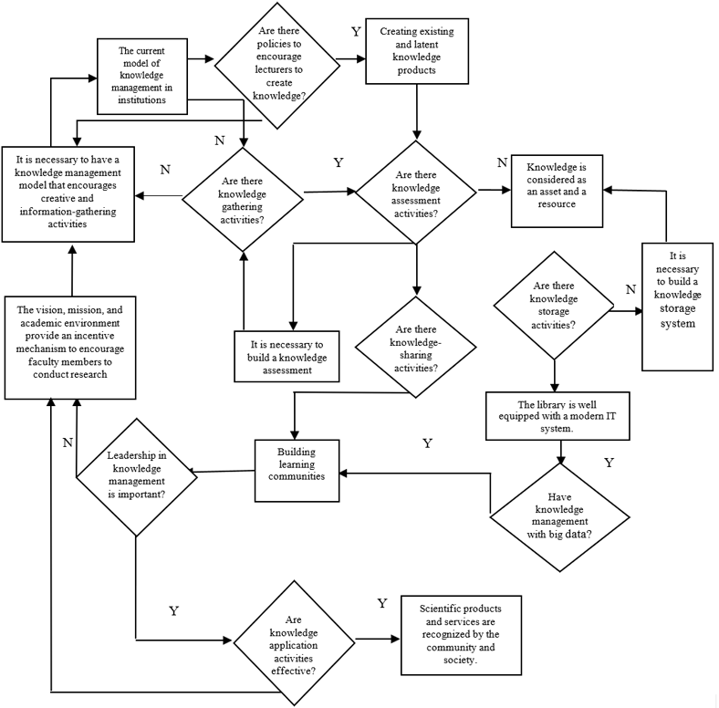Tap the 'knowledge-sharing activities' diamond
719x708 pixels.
[x=414, y=345]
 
